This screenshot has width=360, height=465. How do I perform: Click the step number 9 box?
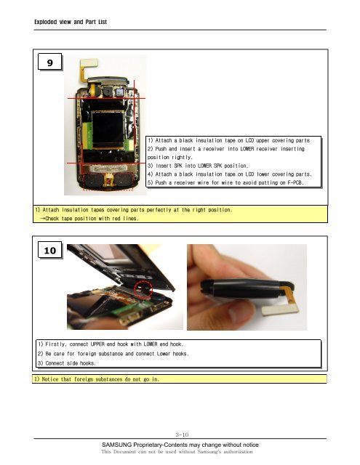tap(50, 62)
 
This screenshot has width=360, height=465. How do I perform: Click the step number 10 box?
tap(50, 250)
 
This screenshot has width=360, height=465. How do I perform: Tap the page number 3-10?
tap(182, 434)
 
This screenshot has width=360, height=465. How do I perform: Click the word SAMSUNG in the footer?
tap(116, 445)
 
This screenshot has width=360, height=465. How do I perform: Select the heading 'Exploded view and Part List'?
tap(71, 22)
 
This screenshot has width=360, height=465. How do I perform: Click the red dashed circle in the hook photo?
tap(143, 289)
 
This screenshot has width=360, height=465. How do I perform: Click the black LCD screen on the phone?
tap(108, 129)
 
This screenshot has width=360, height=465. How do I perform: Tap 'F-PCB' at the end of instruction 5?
tap(295, 182)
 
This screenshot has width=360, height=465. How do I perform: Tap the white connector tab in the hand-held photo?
tap(280, 310)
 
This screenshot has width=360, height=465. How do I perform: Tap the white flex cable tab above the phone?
tap(89, 62)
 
